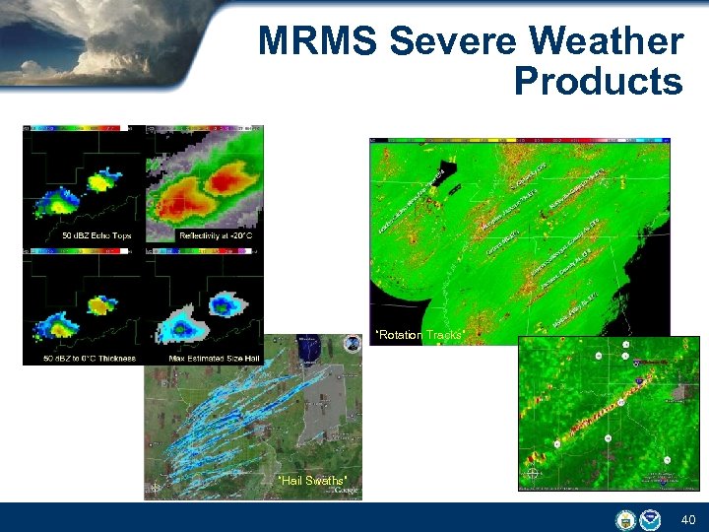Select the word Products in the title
(598, 82)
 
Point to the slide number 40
(686, 519)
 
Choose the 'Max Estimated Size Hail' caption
(213, 358)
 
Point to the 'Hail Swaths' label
(311, 481)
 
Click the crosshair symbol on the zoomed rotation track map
(533, 474)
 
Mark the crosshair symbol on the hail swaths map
(156, 488)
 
